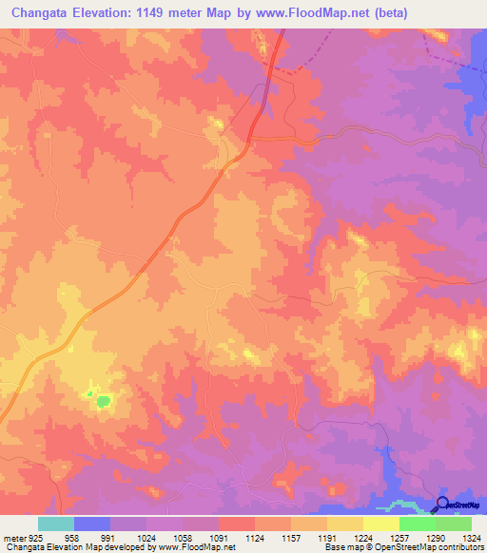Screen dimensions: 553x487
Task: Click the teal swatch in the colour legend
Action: (x=56, y=524)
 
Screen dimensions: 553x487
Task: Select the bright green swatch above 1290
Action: (x=417, y=524)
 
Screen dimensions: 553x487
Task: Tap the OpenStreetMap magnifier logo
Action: (x=443, y=504)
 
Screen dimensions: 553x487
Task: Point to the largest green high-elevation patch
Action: (x=102, y=402)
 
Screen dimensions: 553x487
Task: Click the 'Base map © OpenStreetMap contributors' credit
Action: (x=404, y=547)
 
